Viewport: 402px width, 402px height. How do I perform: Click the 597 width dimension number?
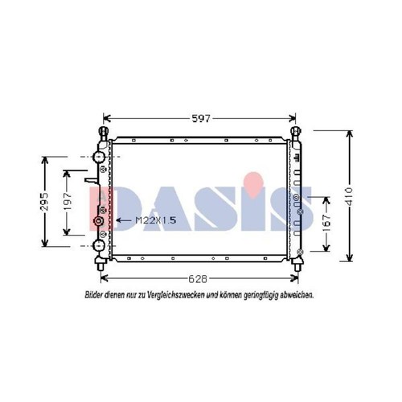coord(201,118)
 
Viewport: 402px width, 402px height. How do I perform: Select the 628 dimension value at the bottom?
coord(198,279)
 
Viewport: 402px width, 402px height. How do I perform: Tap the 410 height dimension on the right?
coord(349,197)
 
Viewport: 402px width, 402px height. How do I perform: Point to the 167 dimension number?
coord(327,224)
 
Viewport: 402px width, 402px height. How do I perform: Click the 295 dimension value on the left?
coord(45,201)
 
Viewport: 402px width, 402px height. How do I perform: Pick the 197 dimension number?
coord(68,201)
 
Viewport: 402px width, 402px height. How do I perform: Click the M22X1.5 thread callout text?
coord(156,220)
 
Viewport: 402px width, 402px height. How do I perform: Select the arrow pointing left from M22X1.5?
coord(124,220)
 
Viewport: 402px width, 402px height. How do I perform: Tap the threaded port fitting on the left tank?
coord(98,221)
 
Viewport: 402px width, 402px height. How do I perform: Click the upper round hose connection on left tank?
coord(98,157)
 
